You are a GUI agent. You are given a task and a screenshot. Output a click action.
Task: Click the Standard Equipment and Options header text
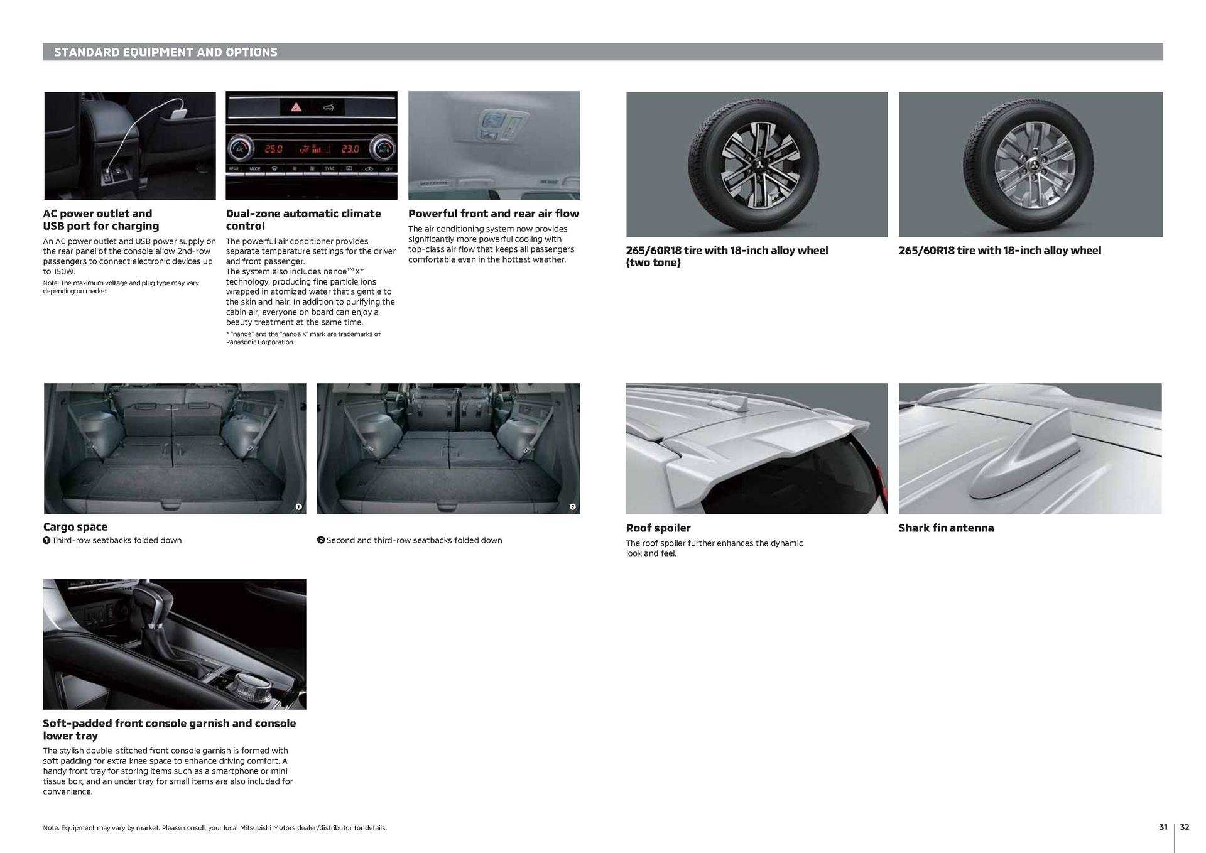(165, 52)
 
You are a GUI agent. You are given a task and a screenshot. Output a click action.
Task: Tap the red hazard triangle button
(295, 107)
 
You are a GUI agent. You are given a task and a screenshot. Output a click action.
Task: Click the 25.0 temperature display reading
(273, 149)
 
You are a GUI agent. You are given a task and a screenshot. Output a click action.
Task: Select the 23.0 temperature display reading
(350, 149)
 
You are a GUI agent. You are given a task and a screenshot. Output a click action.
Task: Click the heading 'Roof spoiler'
(658, 528)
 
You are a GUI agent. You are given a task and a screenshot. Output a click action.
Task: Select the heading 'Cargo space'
(75, 527)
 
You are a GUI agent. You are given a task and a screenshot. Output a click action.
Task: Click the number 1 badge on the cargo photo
(298, 507)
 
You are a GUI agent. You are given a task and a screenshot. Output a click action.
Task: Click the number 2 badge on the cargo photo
(572, 507)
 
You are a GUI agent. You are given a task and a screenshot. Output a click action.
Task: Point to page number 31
(1163, 827)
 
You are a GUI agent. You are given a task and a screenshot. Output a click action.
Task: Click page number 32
(1184, 827)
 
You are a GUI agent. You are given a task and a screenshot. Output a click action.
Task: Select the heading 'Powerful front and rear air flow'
(493, 214)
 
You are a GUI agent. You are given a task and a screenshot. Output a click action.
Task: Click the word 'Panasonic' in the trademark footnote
(242, 342)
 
